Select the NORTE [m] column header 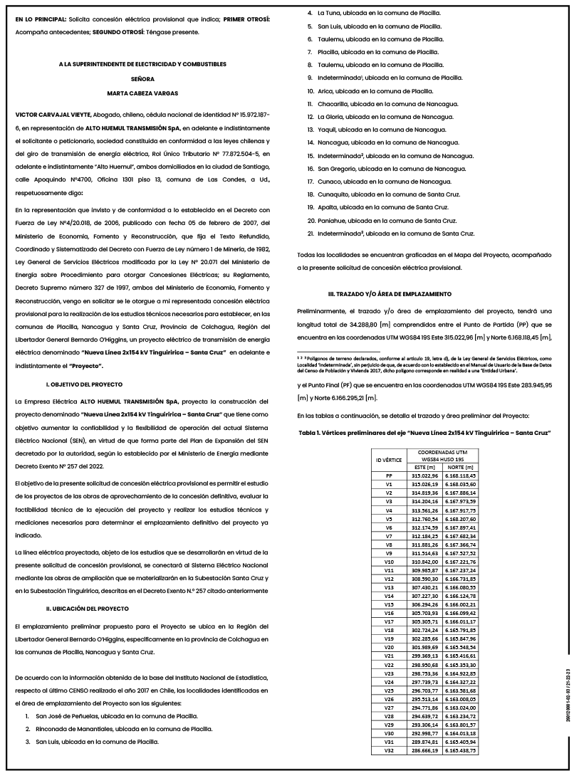tap(460, 466)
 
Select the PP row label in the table tap(389, 475)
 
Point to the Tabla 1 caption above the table tap(424, 433)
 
